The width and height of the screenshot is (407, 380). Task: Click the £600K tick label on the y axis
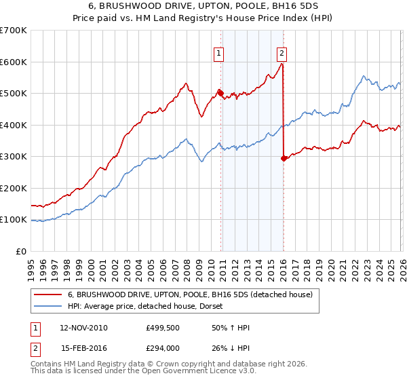pyautogui.click(x=14, y=62)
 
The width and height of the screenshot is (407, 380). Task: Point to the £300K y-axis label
pyautogui.click(x=14, y=157)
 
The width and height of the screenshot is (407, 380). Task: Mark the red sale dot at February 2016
pyautogui.click(x=283, y=158)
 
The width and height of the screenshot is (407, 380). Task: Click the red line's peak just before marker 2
pyautogui.click(x=282, y=64)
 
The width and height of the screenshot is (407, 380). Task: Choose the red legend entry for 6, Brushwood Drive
pyautogui.click(x=190, y=294)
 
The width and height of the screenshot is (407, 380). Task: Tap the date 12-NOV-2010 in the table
pyautogui.click(x=83, y=328)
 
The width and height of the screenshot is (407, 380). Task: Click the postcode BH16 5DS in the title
pyautogui.click(x=296, y=5)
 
